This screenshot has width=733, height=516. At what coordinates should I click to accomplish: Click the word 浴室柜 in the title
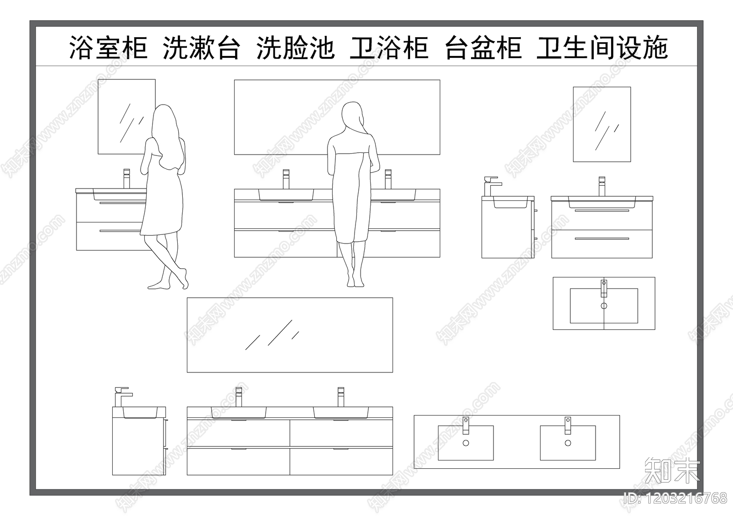[108, 48]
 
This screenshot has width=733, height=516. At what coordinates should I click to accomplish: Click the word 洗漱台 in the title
[202, 48]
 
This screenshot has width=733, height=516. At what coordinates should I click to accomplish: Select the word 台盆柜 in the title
[483, 48]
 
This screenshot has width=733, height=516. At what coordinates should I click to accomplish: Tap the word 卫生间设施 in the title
[602, 48]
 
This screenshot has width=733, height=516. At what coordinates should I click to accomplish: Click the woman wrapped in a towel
[352, 193]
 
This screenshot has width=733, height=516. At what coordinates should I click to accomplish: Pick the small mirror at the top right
[602, 124]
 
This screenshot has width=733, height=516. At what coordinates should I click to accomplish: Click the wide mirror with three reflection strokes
[290, 335]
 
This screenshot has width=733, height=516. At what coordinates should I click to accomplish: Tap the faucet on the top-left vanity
[127, 178]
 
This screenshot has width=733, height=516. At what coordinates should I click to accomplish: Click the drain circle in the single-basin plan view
[604, 305]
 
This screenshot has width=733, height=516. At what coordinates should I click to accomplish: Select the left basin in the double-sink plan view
[465, 443]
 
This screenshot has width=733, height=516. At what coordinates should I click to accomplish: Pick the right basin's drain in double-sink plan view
[568, 443]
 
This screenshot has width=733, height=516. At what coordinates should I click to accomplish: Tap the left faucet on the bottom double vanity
[238, 397]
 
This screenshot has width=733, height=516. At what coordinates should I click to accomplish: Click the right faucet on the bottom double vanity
[340, 397]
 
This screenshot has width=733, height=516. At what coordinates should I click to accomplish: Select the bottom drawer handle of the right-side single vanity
[602, 239]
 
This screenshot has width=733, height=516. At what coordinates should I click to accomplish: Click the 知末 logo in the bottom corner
[672, 470]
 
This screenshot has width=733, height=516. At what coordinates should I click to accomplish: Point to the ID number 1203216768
[675, 498]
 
